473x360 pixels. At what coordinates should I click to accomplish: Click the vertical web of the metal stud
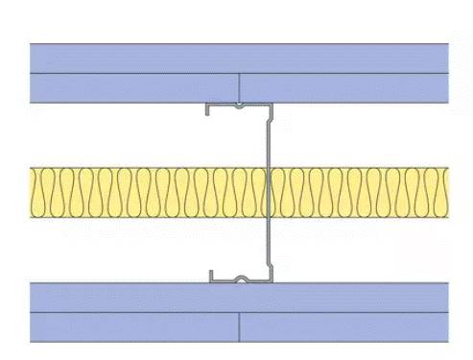(266, 230)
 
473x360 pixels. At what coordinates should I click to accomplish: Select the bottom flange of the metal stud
(240, 281)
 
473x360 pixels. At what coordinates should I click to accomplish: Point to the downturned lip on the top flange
(208, 109)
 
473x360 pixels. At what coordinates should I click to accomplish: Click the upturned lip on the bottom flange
(212, 276)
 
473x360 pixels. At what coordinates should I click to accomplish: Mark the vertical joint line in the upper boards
(239, 87)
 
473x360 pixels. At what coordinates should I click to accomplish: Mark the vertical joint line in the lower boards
(239, 327)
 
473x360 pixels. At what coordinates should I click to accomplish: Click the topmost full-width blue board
(240, 58)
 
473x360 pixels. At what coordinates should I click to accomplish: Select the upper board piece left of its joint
(134, 87)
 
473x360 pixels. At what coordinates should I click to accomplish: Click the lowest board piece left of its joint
(134, 327)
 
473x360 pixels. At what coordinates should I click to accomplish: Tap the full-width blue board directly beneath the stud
(240, 297)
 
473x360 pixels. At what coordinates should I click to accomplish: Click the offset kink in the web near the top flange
(270, 119)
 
